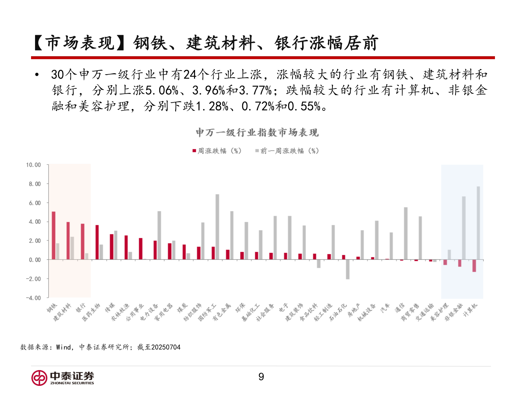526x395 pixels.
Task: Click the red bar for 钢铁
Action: [x=54, y=236]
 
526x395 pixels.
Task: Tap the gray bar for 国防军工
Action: [x=217, y=227]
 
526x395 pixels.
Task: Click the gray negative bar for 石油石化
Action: [x=348, y=270]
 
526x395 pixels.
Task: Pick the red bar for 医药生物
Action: [x=97, y=242]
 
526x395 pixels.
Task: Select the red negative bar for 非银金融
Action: [x=460, y=263]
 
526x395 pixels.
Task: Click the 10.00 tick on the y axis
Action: [x=33, y=165]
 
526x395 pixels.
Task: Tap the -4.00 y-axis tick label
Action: [x=33, y=298]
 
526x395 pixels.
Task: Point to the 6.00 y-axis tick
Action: [x=35, y=203]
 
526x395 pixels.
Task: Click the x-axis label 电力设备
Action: [x=149, y=312]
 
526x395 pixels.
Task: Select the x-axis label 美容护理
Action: [x=439, y=312]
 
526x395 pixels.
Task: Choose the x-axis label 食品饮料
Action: [x=309, y=312]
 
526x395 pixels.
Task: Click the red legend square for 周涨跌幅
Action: [x=195, y=151]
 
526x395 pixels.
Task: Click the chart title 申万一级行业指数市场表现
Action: [x=257, y=132]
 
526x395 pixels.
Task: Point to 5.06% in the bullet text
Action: [x=162, y=90]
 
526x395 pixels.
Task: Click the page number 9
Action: [x=261, y=377]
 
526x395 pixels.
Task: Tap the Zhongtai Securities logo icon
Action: [x=39, y=378]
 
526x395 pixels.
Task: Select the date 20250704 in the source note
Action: [x=166, y=347]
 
